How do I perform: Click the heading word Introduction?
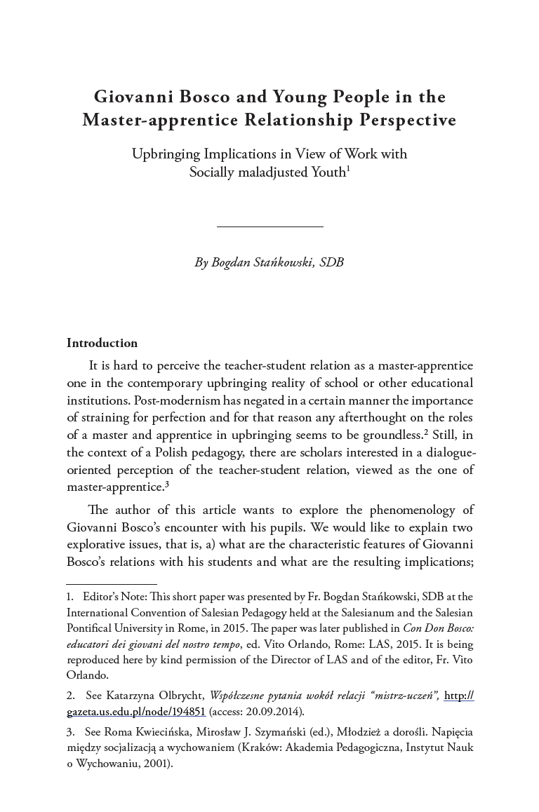tap(102, 343)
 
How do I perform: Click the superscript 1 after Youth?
tap(349, 168)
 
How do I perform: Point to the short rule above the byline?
tap(269, 226)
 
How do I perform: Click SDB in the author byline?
tap(331, 263)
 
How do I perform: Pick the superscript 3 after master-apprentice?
tap(166, 483)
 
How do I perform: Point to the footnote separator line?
tap(112, 583)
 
